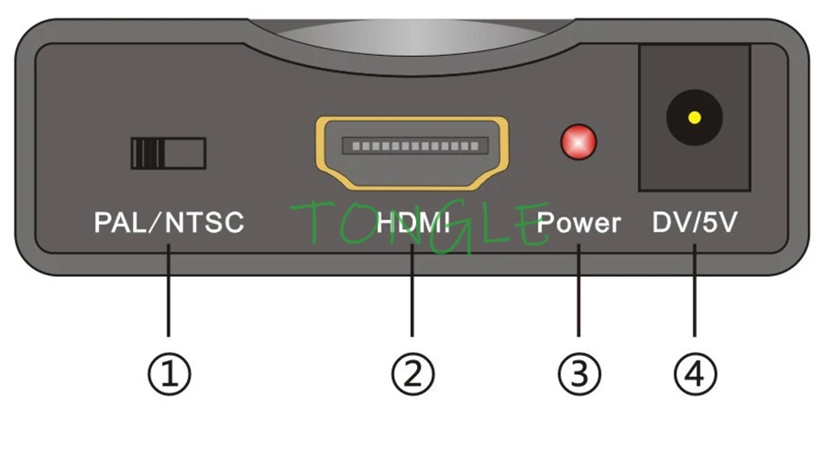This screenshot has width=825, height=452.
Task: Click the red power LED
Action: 578,142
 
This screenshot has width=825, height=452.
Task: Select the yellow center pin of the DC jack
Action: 694,117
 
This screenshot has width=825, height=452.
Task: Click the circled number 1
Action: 170,373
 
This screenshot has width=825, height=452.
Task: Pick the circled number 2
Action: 412,373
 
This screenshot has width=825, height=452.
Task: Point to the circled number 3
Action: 579,373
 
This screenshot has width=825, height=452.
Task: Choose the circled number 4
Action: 695,373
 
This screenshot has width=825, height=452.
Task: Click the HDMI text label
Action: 412,223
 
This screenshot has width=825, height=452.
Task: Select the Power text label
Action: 578,223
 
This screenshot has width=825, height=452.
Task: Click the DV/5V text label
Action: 694,223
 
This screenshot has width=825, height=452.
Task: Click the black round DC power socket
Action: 694,118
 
